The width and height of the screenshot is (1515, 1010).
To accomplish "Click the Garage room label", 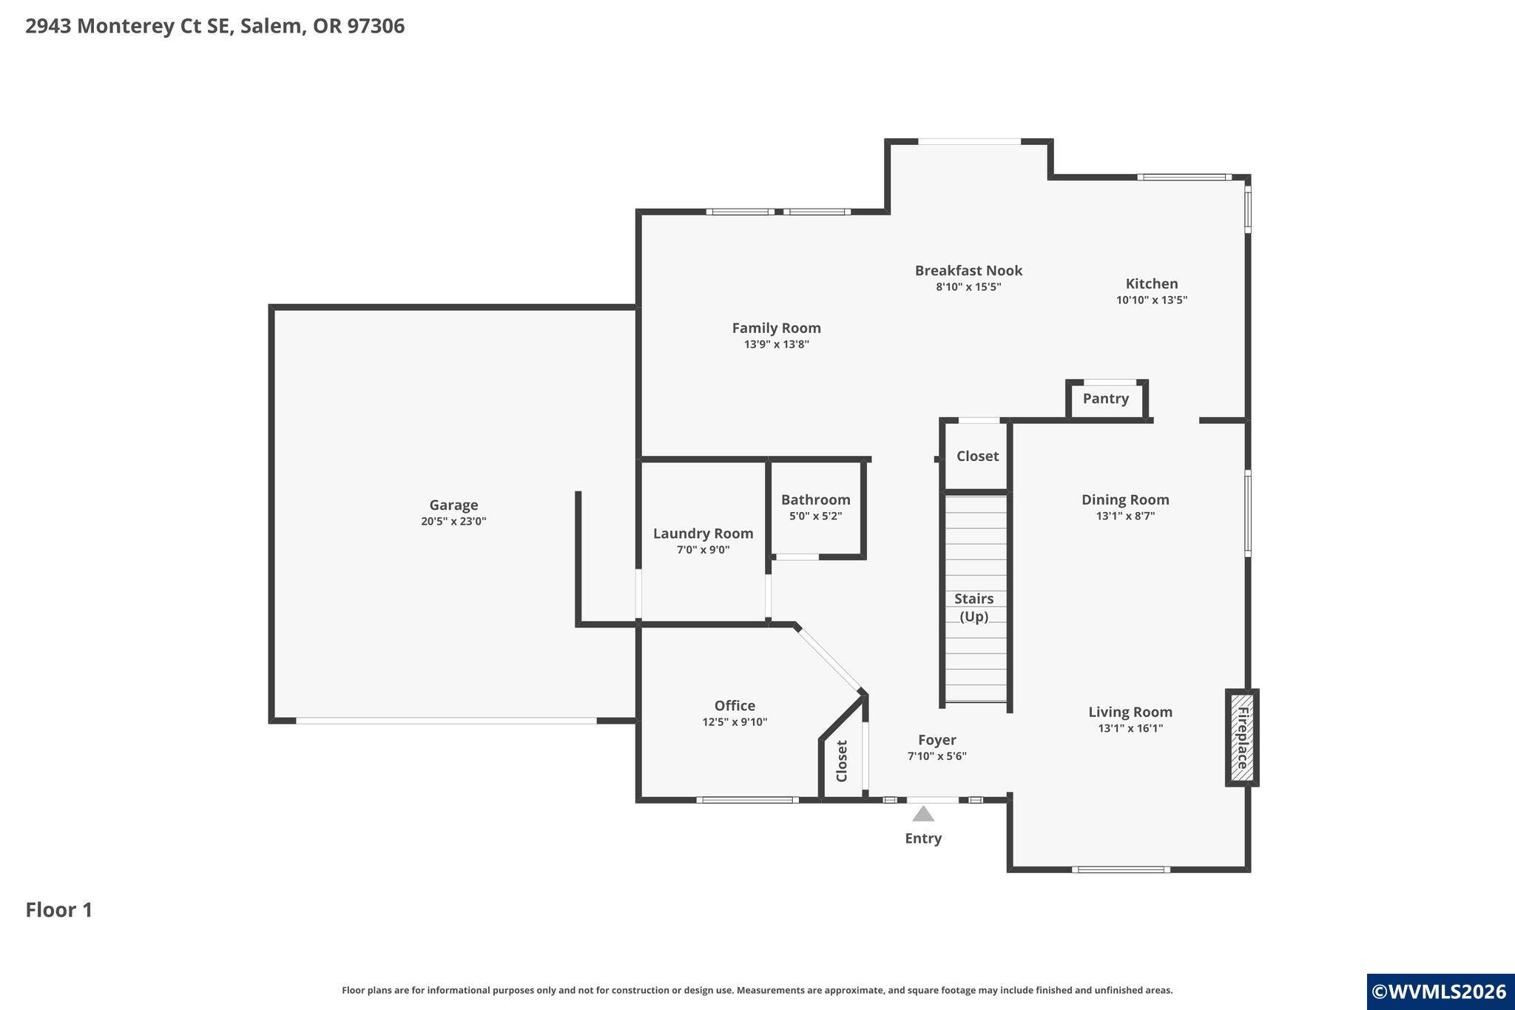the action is (453, 505).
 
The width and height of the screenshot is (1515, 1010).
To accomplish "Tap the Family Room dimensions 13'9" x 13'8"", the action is (777, 344).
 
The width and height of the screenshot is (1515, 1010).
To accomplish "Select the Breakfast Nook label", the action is (968, 271).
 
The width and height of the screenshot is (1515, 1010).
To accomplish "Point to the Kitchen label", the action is (1152, 283).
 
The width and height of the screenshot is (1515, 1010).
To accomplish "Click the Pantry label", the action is (1106, 399).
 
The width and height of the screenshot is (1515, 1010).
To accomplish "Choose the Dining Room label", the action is (1125, 500).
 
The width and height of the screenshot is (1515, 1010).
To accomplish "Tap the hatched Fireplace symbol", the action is (1242, 738).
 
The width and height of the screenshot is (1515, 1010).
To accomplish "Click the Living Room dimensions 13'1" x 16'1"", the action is (1130, 729).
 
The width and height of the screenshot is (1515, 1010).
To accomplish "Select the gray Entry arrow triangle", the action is (923, 814).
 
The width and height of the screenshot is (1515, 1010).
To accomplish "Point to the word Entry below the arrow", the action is (923, 838).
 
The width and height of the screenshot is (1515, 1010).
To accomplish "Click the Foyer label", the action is (937, 740).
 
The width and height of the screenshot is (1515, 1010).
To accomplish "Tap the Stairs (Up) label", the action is (974, 607).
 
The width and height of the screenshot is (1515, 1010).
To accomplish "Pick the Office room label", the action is (735, 706).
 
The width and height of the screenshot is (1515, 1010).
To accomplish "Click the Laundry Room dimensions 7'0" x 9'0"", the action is (703, 550).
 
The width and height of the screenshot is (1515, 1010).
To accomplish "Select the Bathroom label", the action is (816, 500).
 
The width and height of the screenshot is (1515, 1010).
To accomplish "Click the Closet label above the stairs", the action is (978, 457).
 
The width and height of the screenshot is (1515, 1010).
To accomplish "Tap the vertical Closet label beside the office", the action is (842, 761).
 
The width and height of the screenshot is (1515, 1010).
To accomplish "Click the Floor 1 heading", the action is (59, 910).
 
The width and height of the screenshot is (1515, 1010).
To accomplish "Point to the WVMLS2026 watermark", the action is (1440, 992).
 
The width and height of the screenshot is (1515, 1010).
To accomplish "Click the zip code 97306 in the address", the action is (376, 26).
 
